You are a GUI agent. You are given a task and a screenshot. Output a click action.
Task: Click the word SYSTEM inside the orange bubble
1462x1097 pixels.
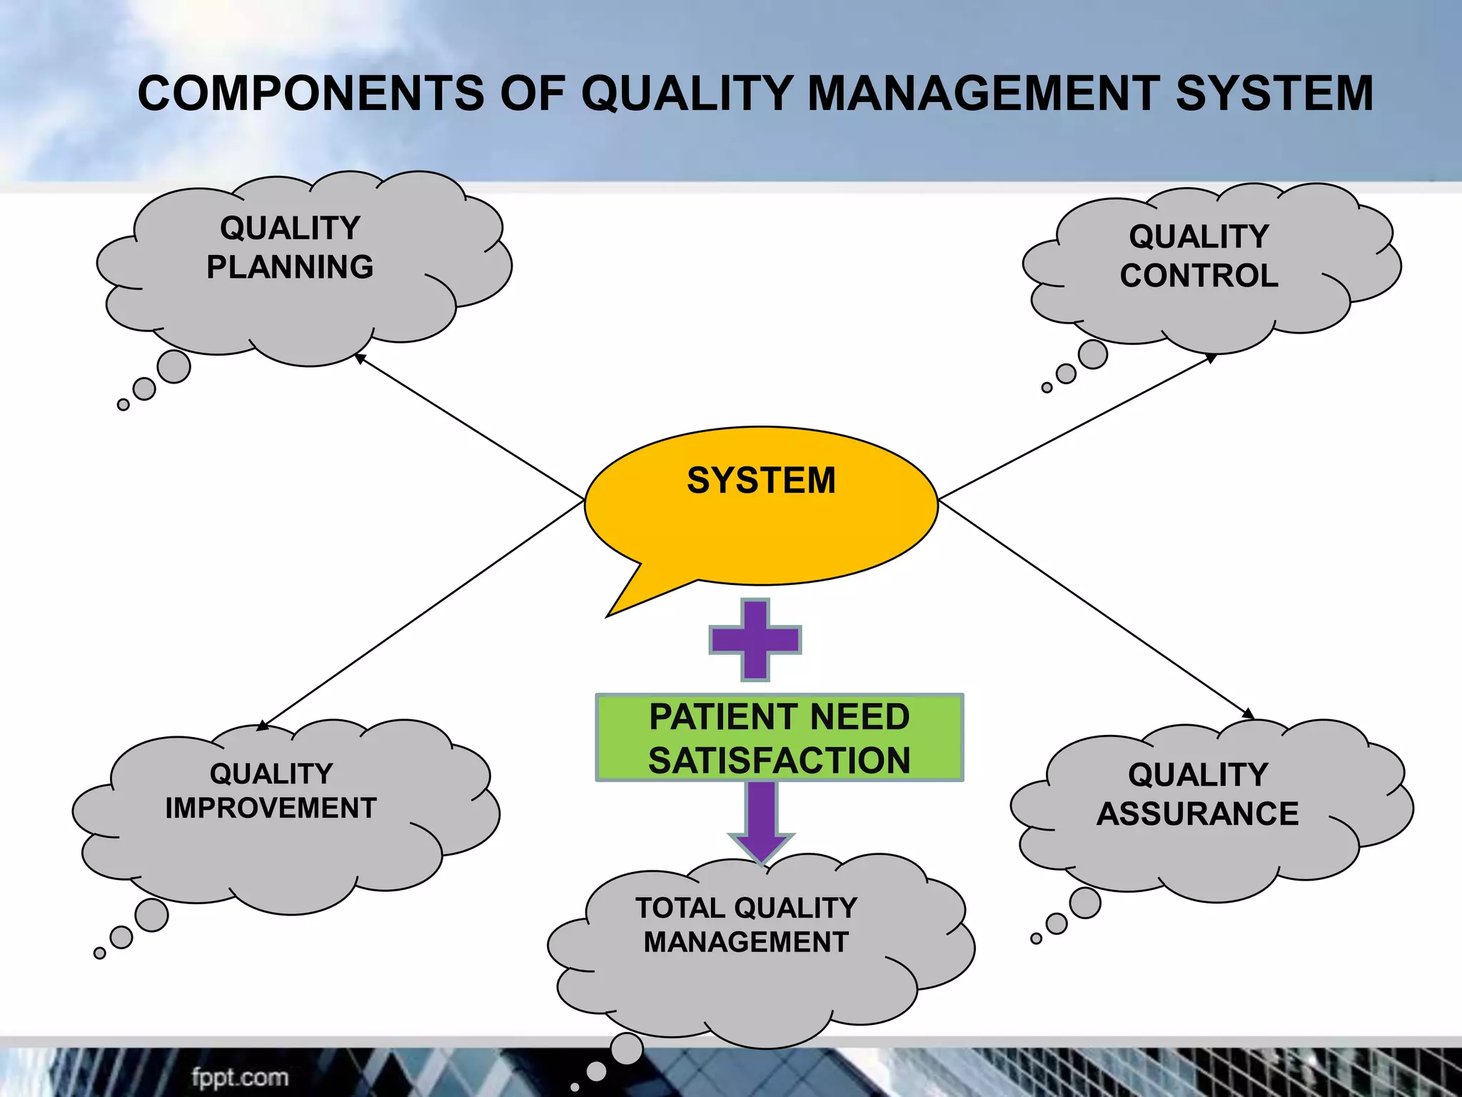(x=761, y=480)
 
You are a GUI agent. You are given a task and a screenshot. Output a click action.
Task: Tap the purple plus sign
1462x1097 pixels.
(x=755, y=639)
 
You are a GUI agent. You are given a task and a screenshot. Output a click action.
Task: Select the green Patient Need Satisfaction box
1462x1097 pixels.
(x=780, y=738)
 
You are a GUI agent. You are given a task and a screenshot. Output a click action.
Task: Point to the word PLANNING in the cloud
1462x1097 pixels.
(x=290, y=267)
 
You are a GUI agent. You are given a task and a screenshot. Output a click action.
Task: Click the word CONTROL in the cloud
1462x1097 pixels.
(x=1199, y=276)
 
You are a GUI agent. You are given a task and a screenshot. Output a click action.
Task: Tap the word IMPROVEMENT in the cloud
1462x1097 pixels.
(x=271, y=808)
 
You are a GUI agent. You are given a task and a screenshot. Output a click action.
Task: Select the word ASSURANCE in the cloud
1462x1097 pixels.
(x=1198, y=814)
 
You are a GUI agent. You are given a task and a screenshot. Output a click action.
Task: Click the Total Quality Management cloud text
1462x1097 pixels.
(x=747, y=925)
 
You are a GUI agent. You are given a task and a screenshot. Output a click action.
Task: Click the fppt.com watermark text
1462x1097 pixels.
(x=240, y=1077)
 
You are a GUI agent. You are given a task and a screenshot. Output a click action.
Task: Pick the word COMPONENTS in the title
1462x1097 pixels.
(x=311, y=94)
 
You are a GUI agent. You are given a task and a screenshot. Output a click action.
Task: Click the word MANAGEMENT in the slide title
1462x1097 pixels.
(x=984, y=94)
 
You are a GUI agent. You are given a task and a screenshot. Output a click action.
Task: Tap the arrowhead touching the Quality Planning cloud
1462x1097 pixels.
(x=360, y=357)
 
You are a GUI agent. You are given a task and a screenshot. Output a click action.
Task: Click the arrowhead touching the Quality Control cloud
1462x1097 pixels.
(x=1211, y=358)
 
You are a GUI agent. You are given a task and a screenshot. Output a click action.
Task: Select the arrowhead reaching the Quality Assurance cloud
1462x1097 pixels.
(x=1249, y=714)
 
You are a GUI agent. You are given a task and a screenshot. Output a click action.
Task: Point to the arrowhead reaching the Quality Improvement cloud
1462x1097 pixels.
(x=262, y=726)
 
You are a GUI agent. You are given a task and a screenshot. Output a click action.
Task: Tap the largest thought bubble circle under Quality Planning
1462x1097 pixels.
(x=173, y=366)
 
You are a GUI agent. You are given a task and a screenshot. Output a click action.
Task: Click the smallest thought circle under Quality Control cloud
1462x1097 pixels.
(x=1047, y=388)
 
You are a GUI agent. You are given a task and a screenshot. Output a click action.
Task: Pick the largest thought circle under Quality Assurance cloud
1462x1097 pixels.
(x=1085, y=903)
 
